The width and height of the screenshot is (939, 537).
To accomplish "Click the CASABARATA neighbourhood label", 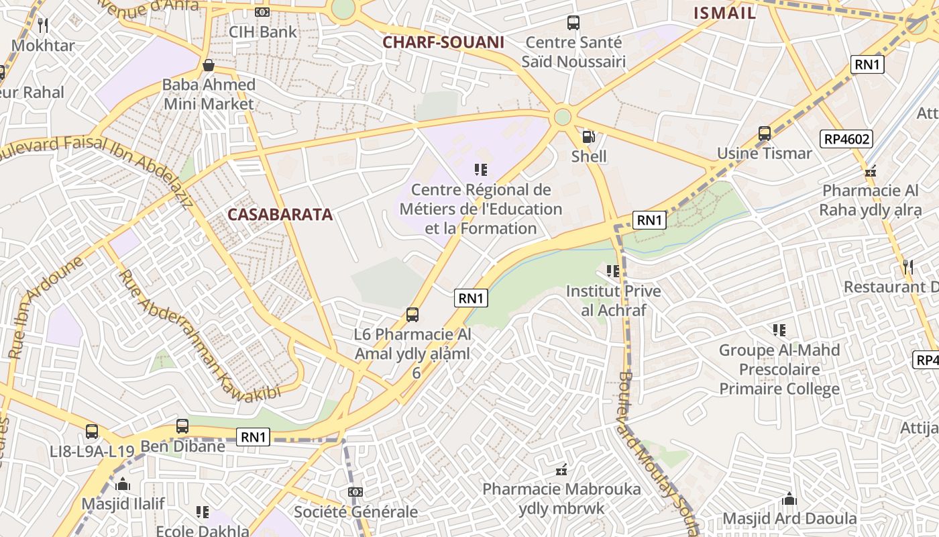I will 280,215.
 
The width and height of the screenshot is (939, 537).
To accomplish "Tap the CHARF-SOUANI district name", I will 443,42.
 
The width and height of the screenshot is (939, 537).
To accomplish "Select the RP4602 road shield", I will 846,139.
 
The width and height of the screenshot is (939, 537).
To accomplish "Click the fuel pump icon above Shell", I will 588,137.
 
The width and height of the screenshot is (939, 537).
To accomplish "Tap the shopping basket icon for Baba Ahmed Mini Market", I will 209,65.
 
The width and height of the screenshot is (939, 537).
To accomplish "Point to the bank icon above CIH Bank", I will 262,11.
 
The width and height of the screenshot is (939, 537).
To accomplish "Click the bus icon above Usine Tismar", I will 765,134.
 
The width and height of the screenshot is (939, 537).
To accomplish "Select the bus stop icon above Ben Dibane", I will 182,426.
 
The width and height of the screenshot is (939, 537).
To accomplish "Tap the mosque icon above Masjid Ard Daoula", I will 789,499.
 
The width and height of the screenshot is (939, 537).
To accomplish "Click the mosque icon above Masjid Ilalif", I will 123,484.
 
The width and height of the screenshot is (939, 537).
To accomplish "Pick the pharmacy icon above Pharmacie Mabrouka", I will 562,469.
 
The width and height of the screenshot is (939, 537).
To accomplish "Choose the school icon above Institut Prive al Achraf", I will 612,271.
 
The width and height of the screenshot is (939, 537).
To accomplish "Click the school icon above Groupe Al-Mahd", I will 779,330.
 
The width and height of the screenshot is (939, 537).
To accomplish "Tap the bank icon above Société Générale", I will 355,492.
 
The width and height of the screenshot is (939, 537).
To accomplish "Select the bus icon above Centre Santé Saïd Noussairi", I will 573,23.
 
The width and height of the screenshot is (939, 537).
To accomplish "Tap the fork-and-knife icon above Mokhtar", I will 44,26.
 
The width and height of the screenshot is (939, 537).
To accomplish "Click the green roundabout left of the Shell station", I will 563,117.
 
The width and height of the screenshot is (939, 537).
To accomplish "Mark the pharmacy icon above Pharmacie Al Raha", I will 871,171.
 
